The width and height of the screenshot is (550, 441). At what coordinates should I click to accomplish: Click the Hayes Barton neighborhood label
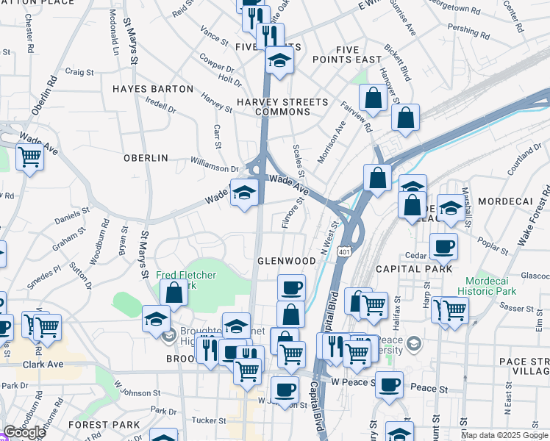(153, 89)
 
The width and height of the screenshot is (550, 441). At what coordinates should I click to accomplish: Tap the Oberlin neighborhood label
(146, 158)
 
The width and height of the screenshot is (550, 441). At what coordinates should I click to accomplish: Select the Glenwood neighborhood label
(286, 261)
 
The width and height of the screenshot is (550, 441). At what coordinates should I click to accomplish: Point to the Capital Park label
(414, 269)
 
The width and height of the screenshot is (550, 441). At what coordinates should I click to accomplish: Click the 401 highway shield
(344, 252)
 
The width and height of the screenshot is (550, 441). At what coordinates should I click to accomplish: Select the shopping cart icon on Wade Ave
(29, 156)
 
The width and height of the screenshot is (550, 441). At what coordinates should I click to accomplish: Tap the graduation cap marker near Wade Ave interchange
(244, 194)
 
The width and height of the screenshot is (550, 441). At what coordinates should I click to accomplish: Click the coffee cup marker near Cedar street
(443, 247)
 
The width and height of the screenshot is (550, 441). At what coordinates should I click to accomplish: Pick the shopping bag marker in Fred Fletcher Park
(174, 293)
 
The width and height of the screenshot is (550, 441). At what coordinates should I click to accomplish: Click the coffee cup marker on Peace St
(389, 384)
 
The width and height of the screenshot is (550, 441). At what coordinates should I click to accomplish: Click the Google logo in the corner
(24, 432)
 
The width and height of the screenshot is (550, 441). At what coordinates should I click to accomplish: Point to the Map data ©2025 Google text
(504, 435)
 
